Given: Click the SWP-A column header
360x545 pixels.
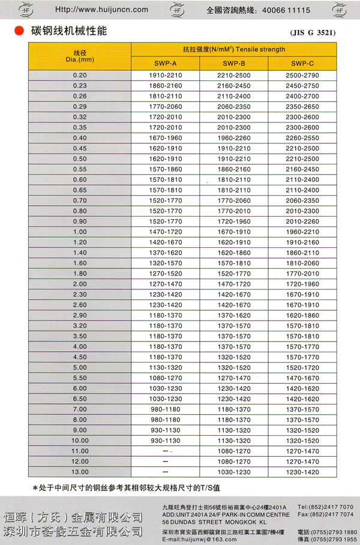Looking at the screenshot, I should pyautogui.click(x=165, y=63).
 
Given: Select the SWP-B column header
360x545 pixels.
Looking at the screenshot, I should pyautogui.click(x=232, y=63).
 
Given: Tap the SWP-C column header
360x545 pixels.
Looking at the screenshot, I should pyautogui.click(x=302, y=63).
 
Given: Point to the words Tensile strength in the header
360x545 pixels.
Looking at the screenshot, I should pyautogui.click(x=262, y=49).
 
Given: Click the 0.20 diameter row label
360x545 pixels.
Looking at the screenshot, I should pyautogui.click(x=80, y=75).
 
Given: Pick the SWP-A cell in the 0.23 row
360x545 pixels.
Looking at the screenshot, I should pyautogui.click(x=165, y=85).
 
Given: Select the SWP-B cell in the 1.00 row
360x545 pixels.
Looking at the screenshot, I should pyautogui.click(x=232, y=232).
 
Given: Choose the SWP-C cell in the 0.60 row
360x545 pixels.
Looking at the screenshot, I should pyautogui.click(x=302, y=179).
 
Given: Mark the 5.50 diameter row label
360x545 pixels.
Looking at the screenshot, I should pyautogui.click(x=80, y=378).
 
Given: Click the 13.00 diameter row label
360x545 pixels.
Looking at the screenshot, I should pyautogui.click(x=80, y=472).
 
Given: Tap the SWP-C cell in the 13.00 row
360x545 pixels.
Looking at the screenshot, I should pyautogui.click(x=302, y=472).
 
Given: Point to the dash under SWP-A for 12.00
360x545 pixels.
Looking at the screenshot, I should pyautogui.click(x=165, y=462).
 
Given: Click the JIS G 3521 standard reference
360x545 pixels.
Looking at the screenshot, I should pyautogui.click(x=313, y=32).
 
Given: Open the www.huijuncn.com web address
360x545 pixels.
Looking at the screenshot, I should pyautogui.click(x=101, y=10).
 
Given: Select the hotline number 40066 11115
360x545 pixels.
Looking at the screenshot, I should pyautogui.click(x=283, y=10).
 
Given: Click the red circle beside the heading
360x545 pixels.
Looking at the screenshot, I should pyautogui.click(x=20, y=31).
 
